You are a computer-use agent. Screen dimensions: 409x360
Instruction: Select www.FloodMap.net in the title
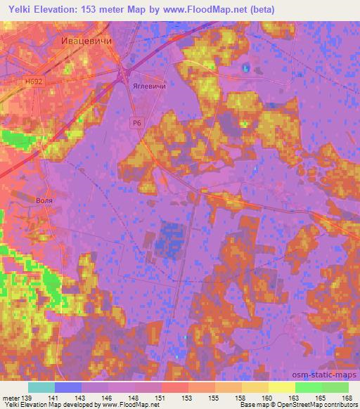(208, 9)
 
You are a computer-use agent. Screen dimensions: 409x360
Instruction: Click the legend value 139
(26, 397)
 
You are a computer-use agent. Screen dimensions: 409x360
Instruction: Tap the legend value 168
(347, 397)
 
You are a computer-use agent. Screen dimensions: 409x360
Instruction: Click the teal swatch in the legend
(41, 387)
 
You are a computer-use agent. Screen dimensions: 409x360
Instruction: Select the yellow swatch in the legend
(281, 387)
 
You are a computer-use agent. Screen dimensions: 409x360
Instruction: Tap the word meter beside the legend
(10, 397)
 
